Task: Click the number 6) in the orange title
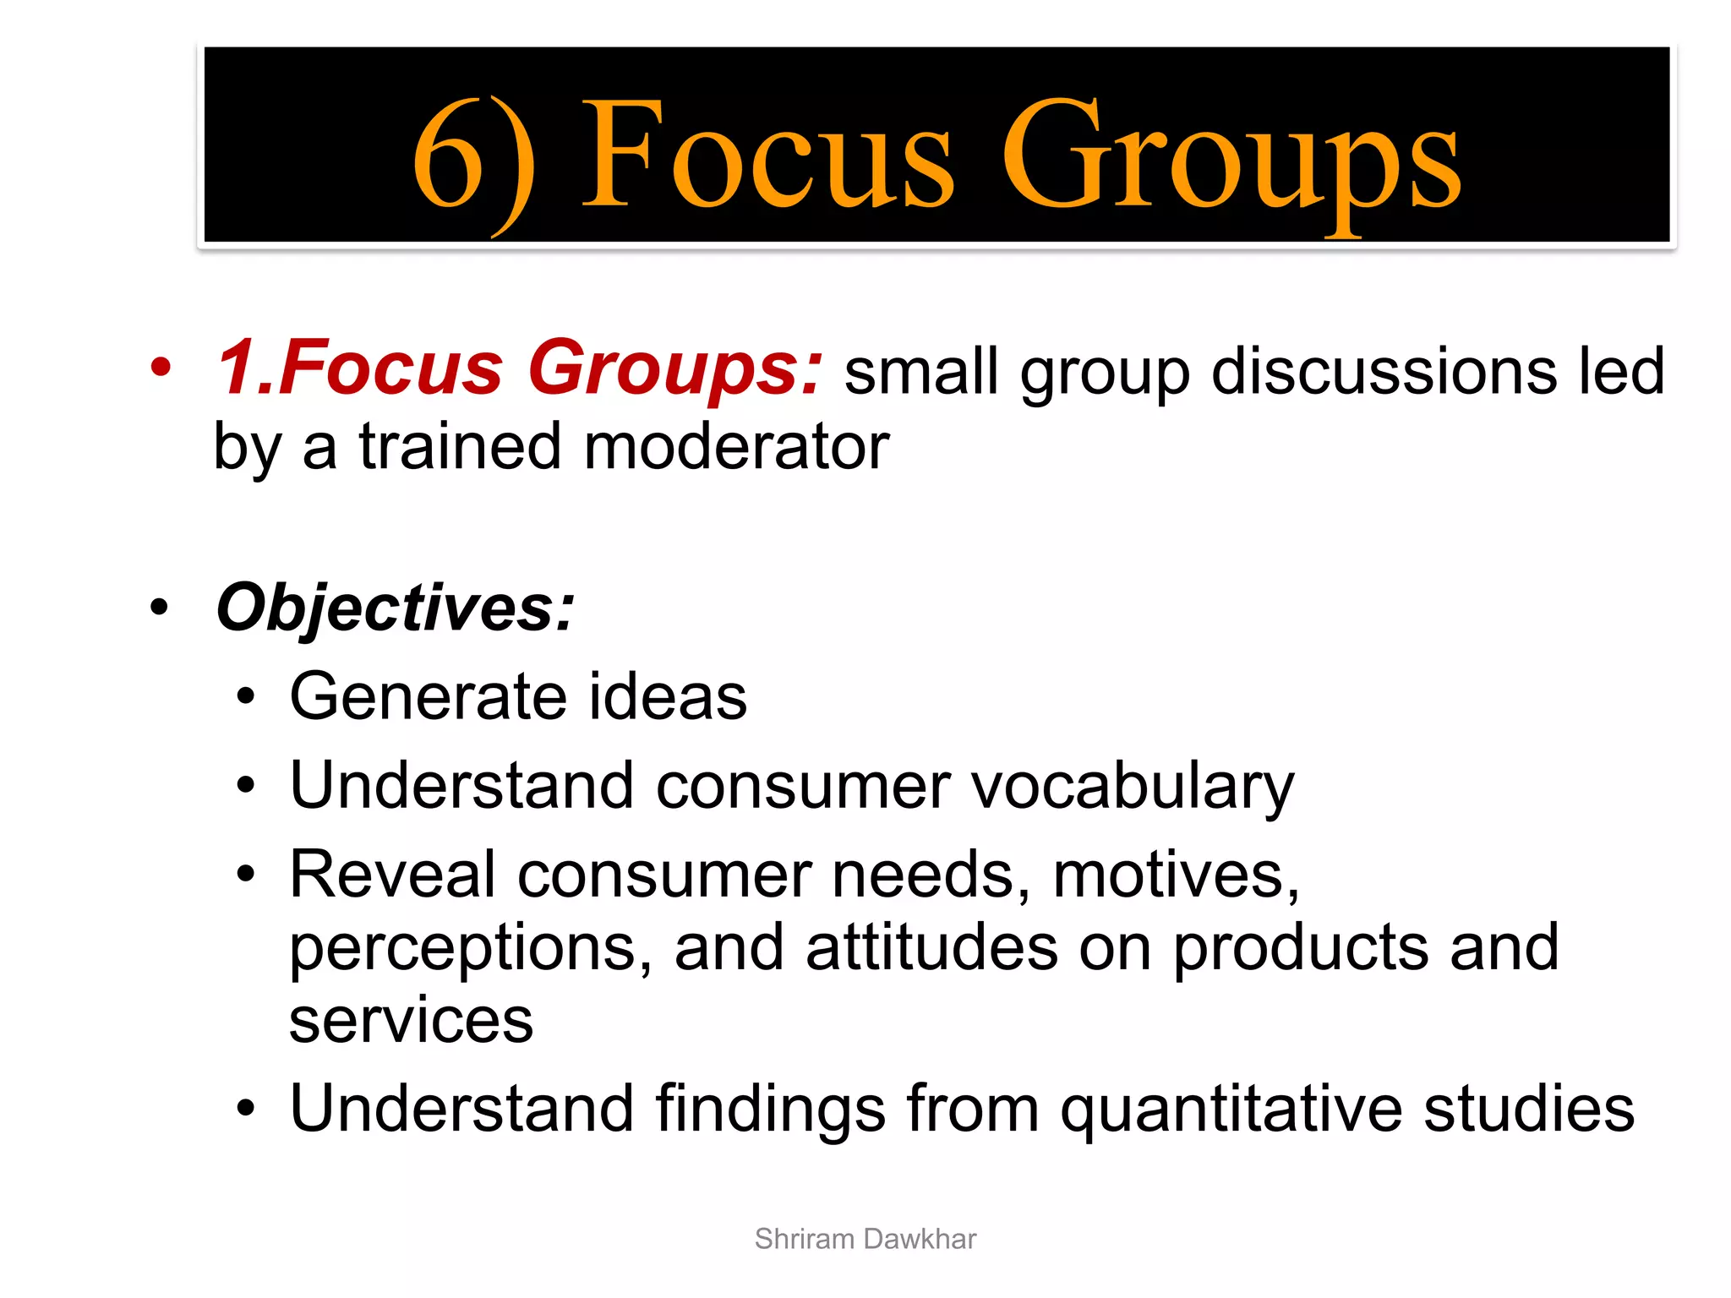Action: tap(473, 161)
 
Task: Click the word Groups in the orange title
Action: tap(1231, 161)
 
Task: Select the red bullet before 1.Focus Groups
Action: tap(160, 368)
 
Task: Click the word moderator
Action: tap(736, 447)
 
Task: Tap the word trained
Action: tap(461, 447)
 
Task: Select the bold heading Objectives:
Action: tap(395, 608)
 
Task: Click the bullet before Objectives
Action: tap(158, 608)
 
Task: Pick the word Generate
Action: tap(428, 696)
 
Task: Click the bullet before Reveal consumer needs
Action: tap(246, 875)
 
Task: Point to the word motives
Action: tap(1175, 875)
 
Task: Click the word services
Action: tap(411, 1021)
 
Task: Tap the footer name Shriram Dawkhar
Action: tap(865, 1239)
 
